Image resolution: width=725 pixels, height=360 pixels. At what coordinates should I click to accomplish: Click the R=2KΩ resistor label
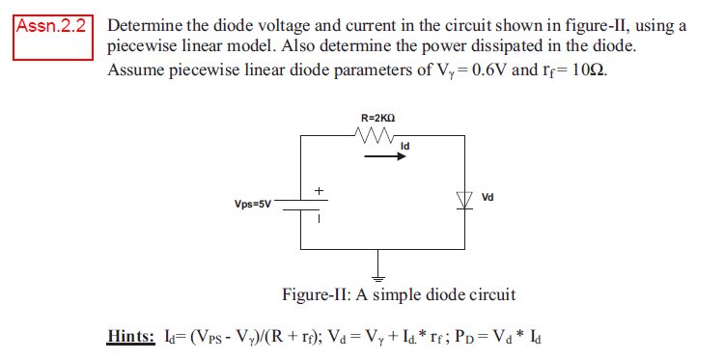pyautogui.click(x=377, y=118)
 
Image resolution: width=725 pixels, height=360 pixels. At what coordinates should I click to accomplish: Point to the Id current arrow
pyautogui.click(x=386, y=159)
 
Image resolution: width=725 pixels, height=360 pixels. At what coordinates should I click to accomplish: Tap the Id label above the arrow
pyautogui.click(x=404, y=148)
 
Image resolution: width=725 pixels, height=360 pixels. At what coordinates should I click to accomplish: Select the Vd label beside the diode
pyautogui.click(x=488, y=196)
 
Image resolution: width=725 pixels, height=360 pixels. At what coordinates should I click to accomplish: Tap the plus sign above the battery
pyautogui.click(x=316, y=188)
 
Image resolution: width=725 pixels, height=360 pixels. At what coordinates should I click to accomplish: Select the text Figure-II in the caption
pyautogui.click(x=316, y=293)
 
